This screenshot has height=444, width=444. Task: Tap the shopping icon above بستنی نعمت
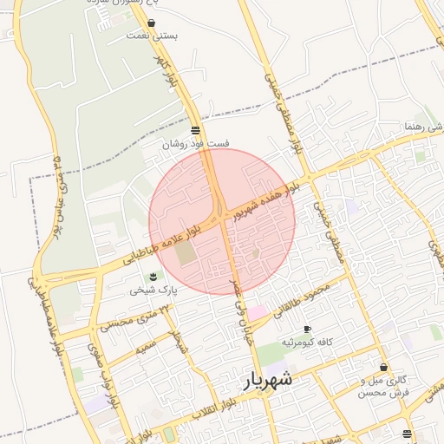pyautogui.click(x=152, y=23)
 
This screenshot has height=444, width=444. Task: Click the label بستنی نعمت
pyautogui.click(x=152, y=36)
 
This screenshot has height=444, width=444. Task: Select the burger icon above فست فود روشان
pyautogui.click(x=194, y=131)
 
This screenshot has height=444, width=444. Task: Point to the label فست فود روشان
pyautogui.click(x=195, y=145)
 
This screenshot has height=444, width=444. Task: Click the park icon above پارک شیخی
pyautogui.click(x=153, y=276)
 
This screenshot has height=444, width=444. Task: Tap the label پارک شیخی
pyautogui.click(x=153, y=290)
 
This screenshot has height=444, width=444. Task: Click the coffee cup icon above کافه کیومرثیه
pyautogui.click(x=307, y=330)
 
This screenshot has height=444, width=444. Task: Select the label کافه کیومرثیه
pyautogui.click(x=308, y=343)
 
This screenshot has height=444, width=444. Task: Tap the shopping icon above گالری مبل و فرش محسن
pyautogui.click(x=383, y=368)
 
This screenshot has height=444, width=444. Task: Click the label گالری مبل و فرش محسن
pyautogui.click(x=383, y=387)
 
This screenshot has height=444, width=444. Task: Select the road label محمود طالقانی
pyautogui.click(x=303, y=300)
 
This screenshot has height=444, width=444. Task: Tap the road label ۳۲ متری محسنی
pyautogui.click(x=129, y=319)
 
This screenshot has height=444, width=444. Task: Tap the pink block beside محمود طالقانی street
pyautogui.click(x=258, y=311)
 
